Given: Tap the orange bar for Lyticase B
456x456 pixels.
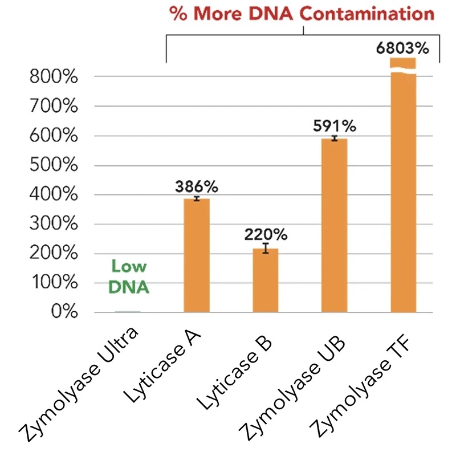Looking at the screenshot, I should click(266, 280).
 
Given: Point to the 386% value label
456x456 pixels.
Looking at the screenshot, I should click(197, 187).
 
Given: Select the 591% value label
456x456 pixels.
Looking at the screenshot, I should click(335, 127).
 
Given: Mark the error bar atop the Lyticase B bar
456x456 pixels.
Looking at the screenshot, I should click(266, 247).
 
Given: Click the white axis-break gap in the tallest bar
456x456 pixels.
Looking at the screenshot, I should click(404, 70).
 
